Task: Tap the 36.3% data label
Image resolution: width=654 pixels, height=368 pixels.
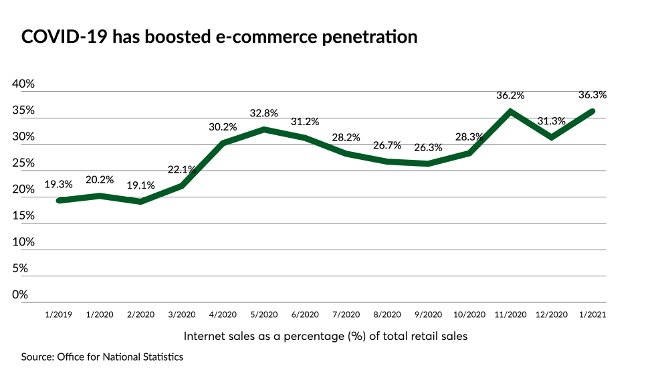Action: pyautogui.click(x=592, y=95)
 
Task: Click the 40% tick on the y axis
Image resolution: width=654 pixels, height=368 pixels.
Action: pyautogui.click(x=23, y=84)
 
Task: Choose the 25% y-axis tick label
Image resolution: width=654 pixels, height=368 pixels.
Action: pyautogui.click(x=23, y=163)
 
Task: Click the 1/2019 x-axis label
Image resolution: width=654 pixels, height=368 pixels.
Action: pyautogui.click(x=59, y=314)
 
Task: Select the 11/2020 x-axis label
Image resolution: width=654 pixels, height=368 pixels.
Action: pyautogui.click(x=510, y=314)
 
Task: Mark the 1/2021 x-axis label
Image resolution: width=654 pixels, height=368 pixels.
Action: pyautogui.click(x=592, y=314)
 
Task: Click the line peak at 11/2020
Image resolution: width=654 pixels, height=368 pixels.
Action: pyautogui.click(x=510, y=112)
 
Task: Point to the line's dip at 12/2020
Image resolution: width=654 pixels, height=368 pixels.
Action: pyautogui.click(x=552, y=137)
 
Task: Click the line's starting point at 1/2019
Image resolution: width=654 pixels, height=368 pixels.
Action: pyautogui.click(x=59, y=200)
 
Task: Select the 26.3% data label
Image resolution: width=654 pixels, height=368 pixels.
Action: pyautogui.click(x=429, y=148)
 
